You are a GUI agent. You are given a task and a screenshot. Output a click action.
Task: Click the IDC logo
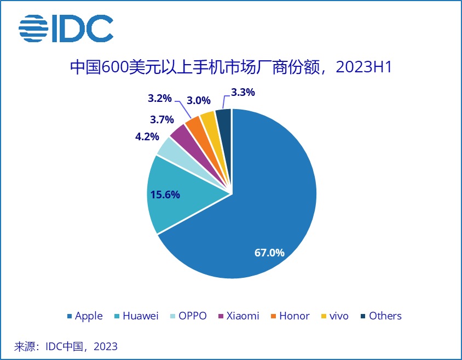point(66,28)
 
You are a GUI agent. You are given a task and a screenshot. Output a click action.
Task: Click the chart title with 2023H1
point(231,67)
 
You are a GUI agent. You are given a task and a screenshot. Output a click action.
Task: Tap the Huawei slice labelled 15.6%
point(181,195)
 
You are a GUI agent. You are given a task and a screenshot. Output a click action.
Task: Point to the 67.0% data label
point(269,253)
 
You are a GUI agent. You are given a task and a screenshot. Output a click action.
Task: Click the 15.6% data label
point(165,195)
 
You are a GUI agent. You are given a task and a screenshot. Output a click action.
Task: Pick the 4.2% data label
point(147,136)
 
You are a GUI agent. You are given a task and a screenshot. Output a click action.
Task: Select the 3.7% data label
point(162,119)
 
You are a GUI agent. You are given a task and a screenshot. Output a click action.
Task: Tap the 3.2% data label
point(160,99)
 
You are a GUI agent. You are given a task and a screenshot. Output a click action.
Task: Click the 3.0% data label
point(199,101)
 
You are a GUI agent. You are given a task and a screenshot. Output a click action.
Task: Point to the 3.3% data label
point(242,93)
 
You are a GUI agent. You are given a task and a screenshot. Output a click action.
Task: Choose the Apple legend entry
point(84,316)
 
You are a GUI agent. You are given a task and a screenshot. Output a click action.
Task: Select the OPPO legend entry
point(189,316)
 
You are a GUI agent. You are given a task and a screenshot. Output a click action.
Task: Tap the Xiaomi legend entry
point(239,316)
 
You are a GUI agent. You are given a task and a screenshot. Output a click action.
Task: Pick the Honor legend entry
point(290,316)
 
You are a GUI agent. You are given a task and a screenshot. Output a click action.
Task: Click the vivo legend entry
point(334,316)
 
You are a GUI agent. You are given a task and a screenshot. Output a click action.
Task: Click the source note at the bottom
point(66,346)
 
